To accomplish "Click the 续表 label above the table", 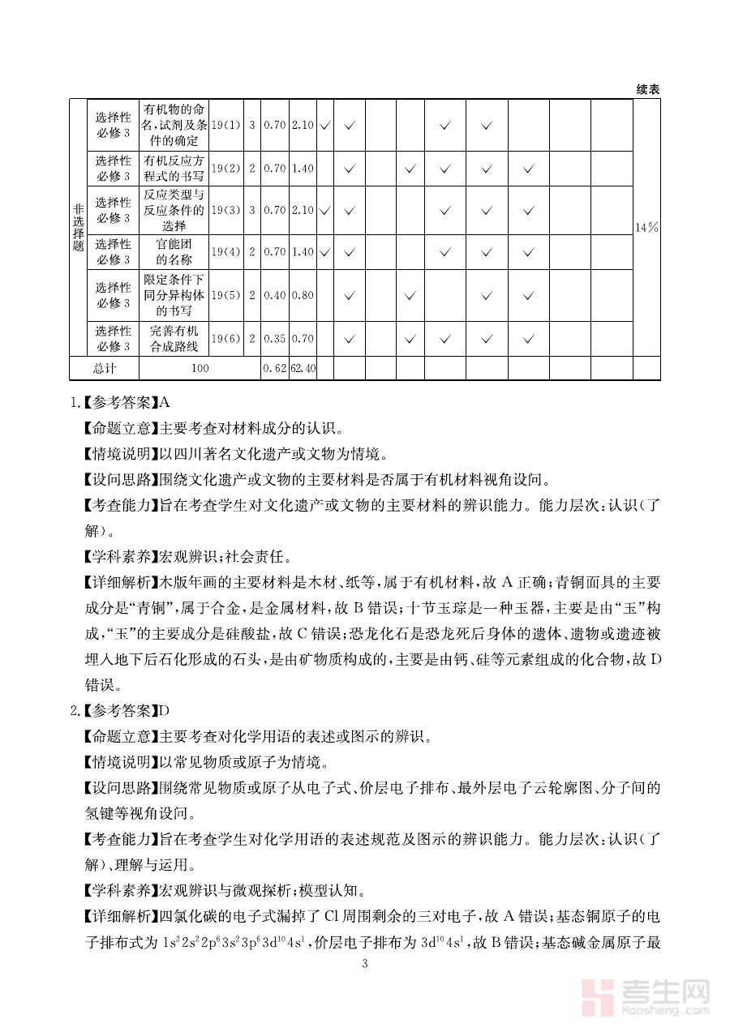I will (647, 90).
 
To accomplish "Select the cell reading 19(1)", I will (226, 126).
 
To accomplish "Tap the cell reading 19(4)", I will (226, 252).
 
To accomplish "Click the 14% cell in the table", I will (646, 228).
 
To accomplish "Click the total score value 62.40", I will (303, 368).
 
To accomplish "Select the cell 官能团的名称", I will (174, 252).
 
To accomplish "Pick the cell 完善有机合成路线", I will (174, 338).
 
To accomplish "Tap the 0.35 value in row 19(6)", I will (275, 338).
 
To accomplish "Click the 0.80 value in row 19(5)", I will (303, 295).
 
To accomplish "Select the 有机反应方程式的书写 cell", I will (174, 169).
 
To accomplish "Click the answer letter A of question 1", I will (165, 401).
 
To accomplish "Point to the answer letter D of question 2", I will (165, 711).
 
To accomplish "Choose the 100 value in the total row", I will (200, 368).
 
